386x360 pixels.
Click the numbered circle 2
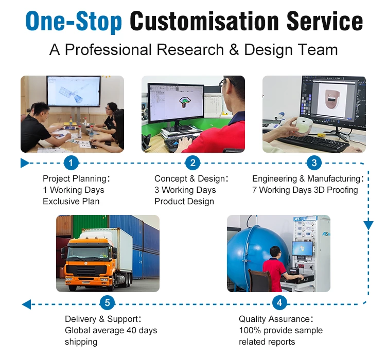coord(192,164)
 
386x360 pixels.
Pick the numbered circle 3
coord(314,164)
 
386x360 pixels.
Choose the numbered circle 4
coord(279,303)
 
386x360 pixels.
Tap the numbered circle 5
coord(107,303)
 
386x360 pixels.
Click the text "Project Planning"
coord(74,179)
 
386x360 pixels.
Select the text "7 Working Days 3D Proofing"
coord(305,190)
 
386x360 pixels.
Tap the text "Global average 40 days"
coord(111,330)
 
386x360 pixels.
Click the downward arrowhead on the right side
coord(369,225)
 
